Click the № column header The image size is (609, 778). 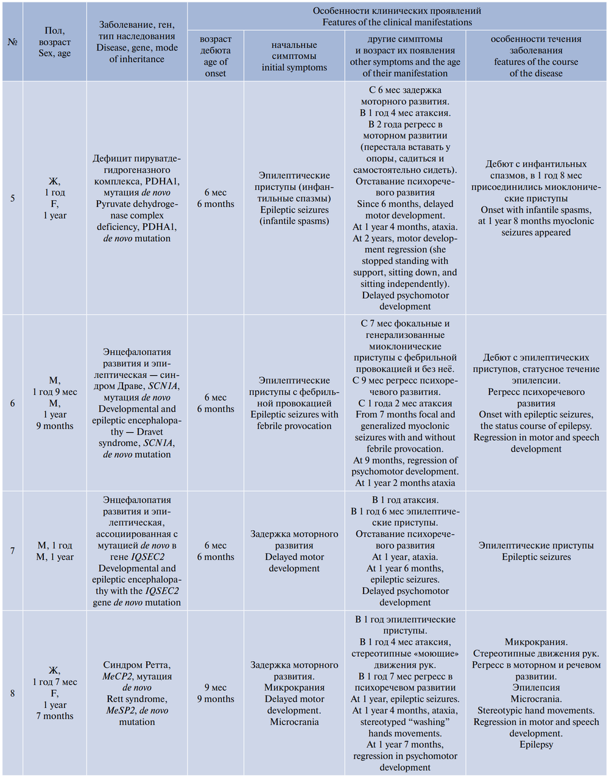point(12,42)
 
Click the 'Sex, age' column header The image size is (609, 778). point(55,42)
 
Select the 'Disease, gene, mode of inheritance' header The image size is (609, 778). point(137,42)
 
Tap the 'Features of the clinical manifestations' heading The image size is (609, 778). point(397,16)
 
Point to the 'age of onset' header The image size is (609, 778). point(216,56)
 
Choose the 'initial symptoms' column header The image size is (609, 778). point(294,56)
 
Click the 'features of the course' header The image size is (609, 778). point(536,56)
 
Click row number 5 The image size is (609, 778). point(12,198)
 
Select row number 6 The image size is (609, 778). point(12,403)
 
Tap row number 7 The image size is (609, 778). point(12,551)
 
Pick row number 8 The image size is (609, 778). point(12,693)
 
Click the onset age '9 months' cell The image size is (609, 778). point(216,693)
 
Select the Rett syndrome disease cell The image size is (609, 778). point(137,693)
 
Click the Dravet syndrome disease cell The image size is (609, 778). point(137,403)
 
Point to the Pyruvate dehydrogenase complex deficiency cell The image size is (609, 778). point(137,198)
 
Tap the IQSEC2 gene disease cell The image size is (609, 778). point(137,551)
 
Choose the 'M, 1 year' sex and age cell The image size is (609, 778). point(55,551)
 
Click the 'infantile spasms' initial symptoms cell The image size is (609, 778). point(294,198)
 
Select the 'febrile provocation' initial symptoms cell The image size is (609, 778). point(294,403)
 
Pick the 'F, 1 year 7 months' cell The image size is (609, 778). point(55,693)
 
